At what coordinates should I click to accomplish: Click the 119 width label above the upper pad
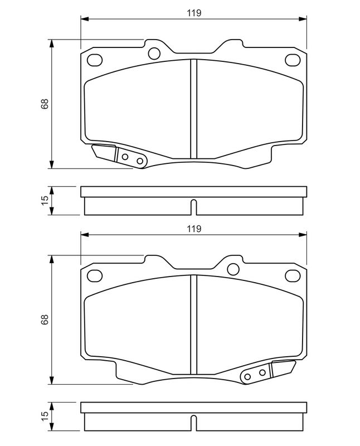[x=193, y=12]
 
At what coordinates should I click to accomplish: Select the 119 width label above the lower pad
[x=193, y=229]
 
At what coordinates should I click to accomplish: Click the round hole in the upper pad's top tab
[x=154, y=54]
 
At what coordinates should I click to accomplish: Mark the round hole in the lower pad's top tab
[x=232, y=270]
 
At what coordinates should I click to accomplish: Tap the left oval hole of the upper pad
[x=95, y=60]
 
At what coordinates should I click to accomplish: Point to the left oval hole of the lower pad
[x=95, y=275]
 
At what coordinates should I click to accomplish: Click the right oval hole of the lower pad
[x=291, y=275]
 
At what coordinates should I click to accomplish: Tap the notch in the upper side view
[x=193, y=207]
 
